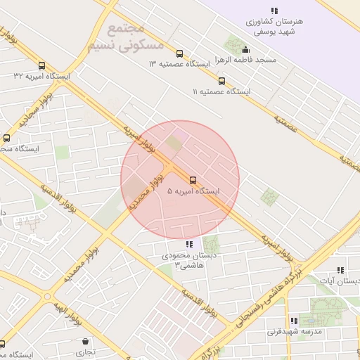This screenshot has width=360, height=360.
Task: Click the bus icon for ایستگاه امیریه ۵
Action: pos(193,179)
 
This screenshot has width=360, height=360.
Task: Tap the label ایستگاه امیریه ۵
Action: pos(193,191)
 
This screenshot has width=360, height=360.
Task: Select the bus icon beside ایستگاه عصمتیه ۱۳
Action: pos(179,53)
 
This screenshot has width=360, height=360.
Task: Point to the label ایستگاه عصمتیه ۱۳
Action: pos(179,64)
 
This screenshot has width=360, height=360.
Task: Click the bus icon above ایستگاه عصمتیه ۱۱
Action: pos(221,81)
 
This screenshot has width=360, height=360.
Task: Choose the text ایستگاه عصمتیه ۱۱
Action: pos(221,91)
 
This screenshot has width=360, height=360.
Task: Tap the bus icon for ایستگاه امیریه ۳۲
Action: pos(42,65)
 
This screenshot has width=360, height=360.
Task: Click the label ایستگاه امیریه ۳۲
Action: pos(42,75)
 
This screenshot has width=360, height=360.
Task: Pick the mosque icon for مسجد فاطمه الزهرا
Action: pos(245,49)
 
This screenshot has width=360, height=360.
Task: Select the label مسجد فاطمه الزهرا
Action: pos(245,60)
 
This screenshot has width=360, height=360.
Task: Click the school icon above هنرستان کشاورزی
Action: pos(274,11)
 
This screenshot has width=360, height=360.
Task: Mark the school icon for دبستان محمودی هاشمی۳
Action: pos(188,244)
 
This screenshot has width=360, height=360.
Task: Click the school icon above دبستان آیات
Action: pos(340,270)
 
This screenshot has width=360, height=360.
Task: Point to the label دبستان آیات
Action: pos(340,281)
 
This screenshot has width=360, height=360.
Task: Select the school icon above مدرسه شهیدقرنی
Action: pos(294,321)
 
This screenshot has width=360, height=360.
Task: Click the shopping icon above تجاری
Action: pos(85,341)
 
